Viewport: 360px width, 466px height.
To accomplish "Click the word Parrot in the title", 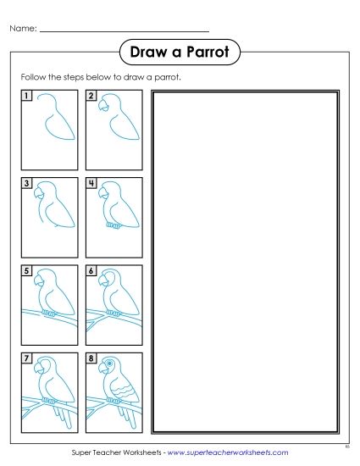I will (208, 53).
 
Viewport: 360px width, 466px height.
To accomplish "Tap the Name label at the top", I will (23, 30).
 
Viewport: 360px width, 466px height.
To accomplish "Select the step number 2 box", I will (91, 96).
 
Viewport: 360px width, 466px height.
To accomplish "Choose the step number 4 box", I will (91, 183).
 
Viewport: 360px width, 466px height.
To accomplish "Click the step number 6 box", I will (91, 270).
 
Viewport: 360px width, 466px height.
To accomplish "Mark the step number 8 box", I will (91, 358).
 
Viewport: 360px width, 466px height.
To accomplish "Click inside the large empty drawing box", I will (245, 263).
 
